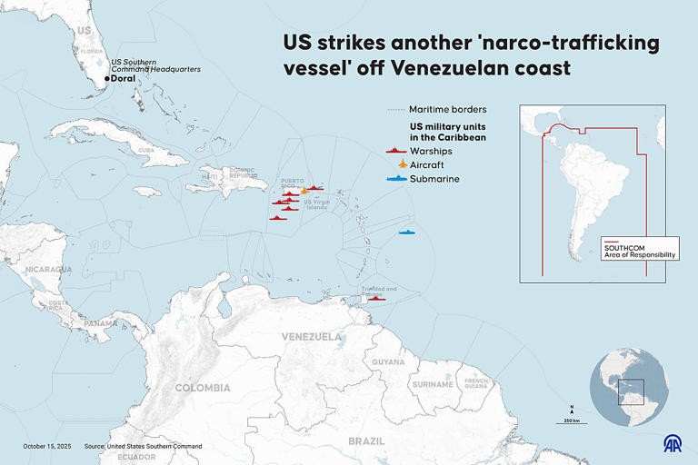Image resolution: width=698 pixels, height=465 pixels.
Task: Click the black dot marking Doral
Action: [x=107, y=80]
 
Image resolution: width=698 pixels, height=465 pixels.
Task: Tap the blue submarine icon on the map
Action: [x=405, y=232]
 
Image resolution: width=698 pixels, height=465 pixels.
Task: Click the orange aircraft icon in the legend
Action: [x=402, y=163]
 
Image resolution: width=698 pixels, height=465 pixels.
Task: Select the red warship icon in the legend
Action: [x=395, y=150]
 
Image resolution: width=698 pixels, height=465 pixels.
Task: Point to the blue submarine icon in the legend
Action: [x=395, y=179]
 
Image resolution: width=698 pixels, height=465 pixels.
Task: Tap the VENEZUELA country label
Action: [x=312, y=336]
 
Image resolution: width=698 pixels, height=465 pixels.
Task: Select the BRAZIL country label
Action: [x=366, y=440]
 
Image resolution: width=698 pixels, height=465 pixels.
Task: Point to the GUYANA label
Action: [x=388, y=361]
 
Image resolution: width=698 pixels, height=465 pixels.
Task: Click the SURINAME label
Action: [x=433, y=384]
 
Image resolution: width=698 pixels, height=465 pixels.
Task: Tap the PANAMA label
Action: [x=100, y=323]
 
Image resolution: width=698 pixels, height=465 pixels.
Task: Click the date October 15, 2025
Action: [x=47, y=446]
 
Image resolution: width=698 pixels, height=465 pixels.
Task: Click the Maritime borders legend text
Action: [x=448, y=110]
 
